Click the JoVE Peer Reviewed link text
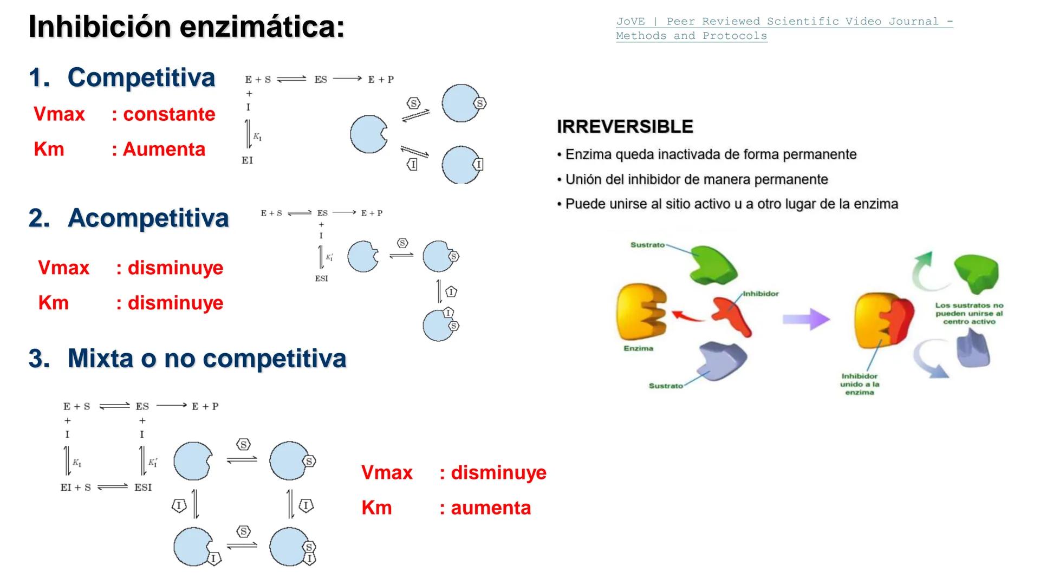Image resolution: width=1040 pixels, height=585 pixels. (x=784, y=22)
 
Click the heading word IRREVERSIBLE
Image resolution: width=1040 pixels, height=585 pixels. (x=625, y=127)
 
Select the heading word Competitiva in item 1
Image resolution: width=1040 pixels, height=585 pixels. (x=141, y=77)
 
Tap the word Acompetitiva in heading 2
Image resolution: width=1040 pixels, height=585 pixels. (x=148, y=218)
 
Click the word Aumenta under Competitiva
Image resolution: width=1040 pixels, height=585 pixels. (x=164, y=149)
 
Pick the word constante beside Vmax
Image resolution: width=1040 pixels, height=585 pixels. (x=169, y=114)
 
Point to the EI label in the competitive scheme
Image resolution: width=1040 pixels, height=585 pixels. (x=247, y=160)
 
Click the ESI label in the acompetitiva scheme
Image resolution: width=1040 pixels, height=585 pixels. (x=321, y=278)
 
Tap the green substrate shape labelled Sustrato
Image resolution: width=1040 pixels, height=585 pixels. (x=713, y=264)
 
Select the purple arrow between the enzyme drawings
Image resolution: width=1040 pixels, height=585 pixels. (x=805, y=319)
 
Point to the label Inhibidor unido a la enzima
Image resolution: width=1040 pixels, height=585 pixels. (x=860, y=384)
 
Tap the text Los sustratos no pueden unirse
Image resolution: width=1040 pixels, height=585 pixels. (x=969, y=314)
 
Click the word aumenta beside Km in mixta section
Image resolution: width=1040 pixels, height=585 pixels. (x=491, y=508)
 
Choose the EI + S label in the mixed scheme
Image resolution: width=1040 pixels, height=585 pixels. (x=76, y=487)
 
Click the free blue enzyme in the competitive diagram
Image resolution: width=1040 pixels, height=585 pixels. (x=368, y=134)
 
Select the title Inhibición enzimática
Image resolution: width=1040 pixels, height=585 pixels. (x=186, y=27)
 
